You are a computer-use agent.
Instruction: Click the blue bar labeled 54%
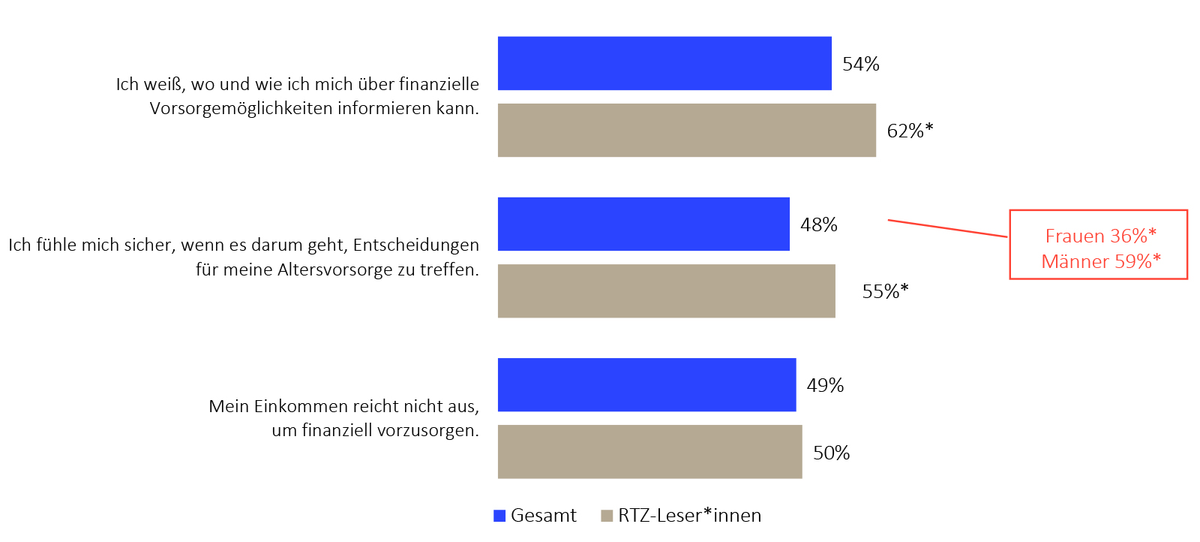664,63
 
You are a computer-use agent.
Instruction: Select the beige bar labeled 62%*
686,130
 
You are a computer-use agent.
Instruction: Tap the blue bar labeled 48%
643,224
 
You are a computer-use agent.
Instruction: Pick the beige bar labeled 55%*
666,291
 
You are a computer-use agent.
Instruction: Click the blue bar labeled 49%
646,384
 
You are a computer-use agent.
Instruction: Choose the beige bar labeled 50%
649,451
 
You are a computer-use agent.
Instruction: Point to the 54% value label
860,64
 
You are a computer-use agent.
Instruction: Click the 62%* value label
910,131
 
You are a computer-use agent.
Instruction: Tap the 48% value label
818,224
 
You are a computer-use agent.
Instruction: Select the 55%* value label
885,291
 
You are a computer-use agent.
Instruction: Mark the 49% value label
825,385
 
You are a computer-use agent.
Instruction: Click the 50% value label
831,453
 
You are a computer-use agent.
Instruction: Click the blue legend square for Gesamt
499,516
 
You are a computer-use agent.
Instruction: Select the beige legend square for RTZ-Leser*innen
607,516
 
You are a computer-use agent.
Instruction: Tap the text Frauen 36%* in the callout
1100,236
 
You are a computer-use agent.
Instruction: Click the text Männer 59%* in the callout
1100,261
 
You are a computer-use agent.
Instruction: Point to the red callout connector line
948,228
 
